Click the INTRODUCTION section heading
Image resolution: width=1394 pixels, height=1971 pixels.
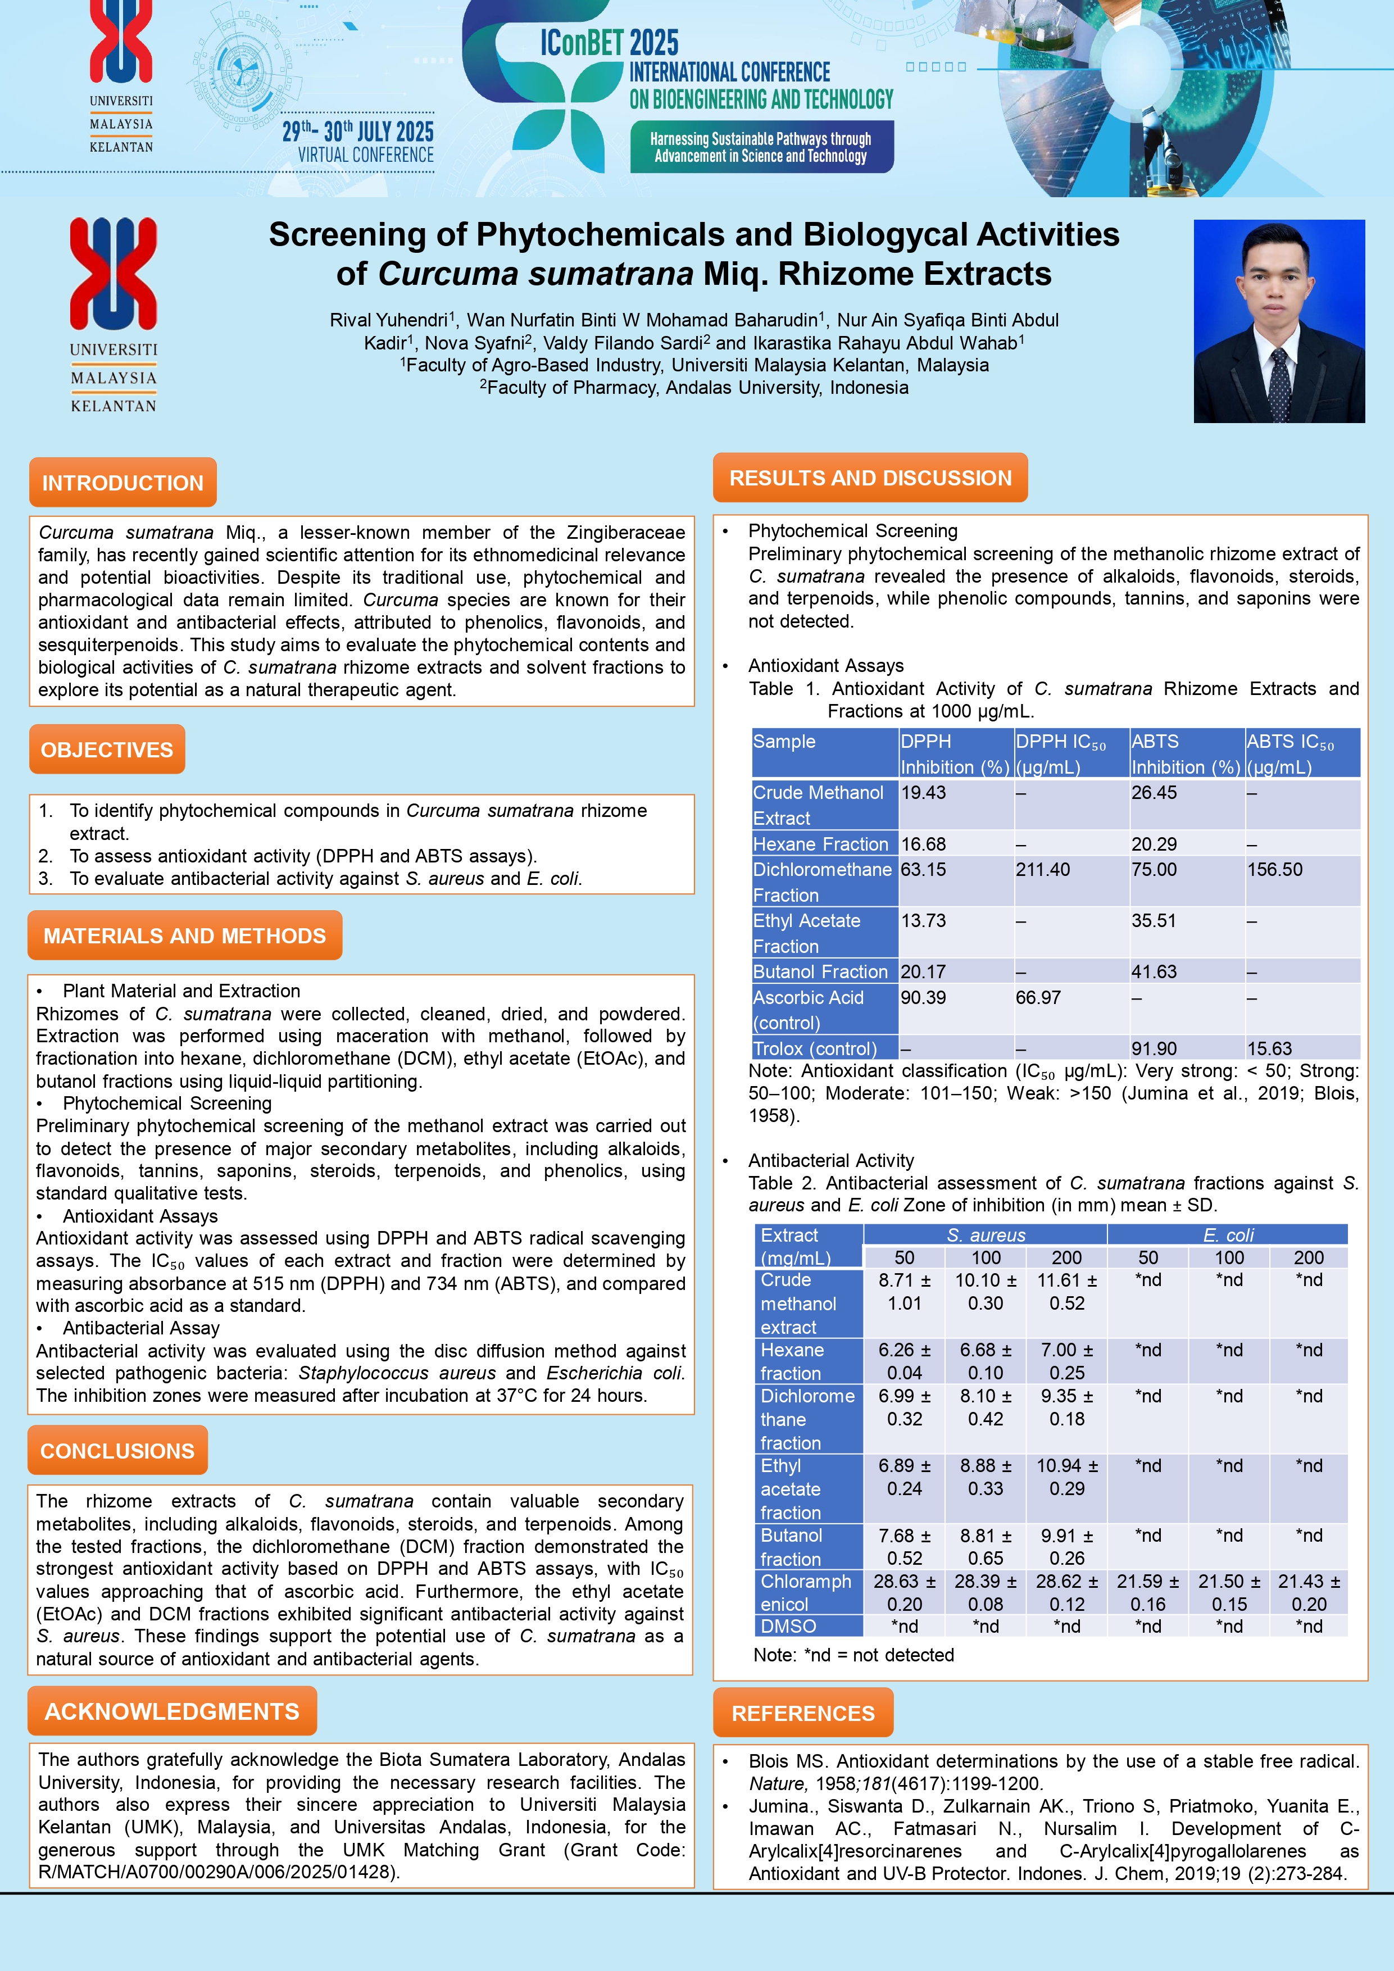point(122,483)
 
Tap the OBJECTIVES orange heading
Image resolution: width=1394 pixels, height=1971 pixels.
point(107,750)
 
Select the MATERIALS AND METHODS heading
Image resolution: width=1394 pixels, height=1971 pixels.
point(184,935)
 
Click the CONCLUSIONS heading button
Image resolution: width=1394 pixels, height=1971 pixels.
point(117,1451)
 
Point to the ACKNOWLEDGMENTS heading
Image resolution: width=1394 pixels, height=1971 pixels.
point(172,1712)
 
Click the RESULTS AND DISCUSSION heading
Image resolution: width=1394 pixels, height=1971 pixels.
point(870,478)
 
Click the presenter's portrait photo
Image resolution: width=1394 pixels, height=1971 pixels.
point(1278,321)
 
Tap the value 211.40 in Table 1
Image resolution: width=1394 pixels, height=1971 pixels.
point(1042,870)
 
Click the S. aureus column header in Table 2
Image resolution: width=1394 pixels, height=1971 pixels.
point(986,1234)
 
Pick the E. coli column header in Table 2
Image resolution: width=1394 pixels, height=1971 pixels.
point(1228,1234)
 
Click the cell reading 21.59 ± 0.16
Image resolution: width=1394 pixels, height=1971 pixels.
point(1148,1592)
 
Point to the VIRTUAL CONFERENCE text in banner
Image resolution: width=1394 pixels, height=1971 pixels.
point(366,156)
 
